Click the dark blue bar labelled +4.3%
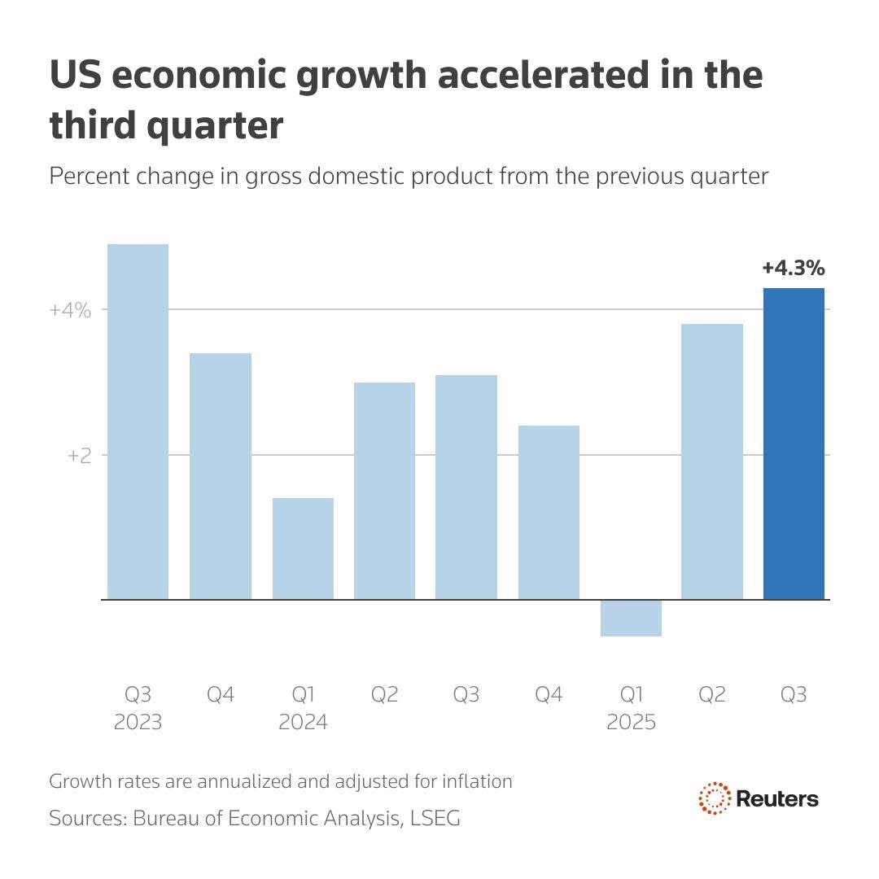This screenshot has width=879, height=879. [794, 444]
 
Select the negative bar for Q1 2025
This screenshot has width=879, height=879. [631, 618]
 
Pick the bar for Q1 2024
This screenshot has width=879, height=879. [303, 549]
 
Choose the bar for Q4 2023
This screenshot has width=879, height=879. [221, 476]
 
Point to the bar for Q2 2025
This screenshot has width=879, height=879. [712, 461]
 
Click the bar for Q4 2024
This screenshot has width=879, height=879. [549, 513]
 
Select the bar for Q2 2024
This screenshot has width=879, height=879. [384, 491]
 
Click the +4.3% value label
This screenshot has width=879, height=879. [794, 268]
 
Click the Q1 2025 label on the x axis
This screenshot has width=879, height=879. [631, 708]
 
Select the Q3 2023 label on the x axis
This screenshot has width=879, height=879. [138, 708]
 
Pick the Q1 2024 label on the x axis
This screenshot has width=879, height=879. [303, 708]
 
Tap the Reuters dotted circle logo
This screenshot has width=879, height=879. [714, 798]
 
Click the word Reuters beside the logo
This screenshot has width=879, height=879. [777, 798]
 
